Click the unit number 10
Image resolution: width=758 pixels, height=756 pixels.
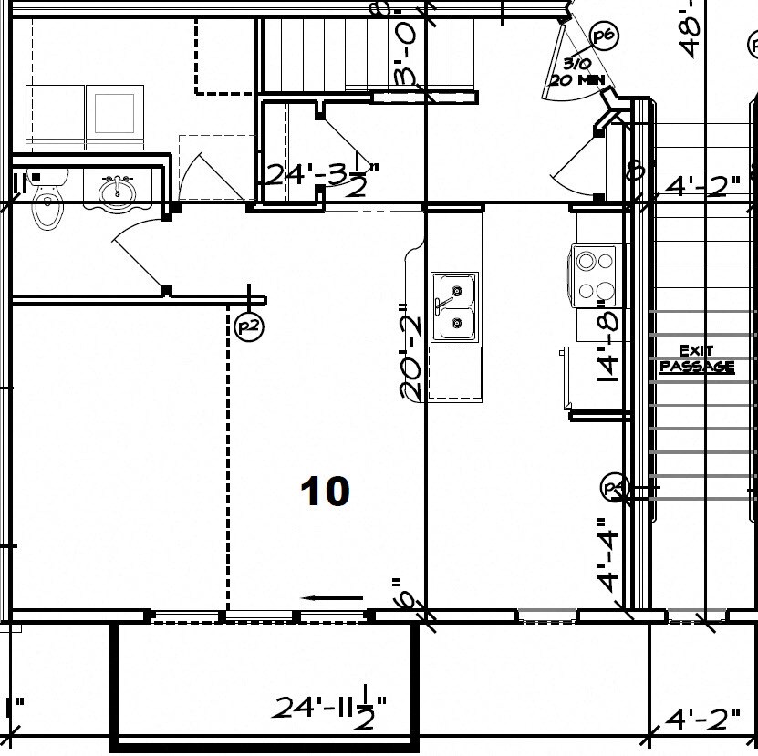click(325, 492)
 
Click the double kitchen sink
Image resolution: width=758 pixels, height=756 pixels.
click(453, 306)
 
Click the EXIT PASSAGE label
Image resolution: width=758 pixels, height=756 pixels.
click(697, 358)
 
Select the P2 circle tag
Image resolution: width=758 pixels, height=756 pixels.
click(247, 326)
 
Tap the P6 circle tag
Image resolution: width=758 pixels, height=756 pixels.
click(603, 36)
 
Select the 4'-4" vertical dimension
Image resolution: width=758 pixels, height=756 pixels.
click(609, 554)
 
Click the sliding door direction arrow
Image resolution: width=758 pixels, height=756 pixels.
click(332, 599)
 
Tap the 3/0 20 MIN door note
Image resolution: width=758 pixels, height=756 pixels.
click(576, 72)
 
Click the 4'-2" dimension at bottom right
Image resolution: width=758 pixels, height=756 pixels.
click(701, 720)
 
